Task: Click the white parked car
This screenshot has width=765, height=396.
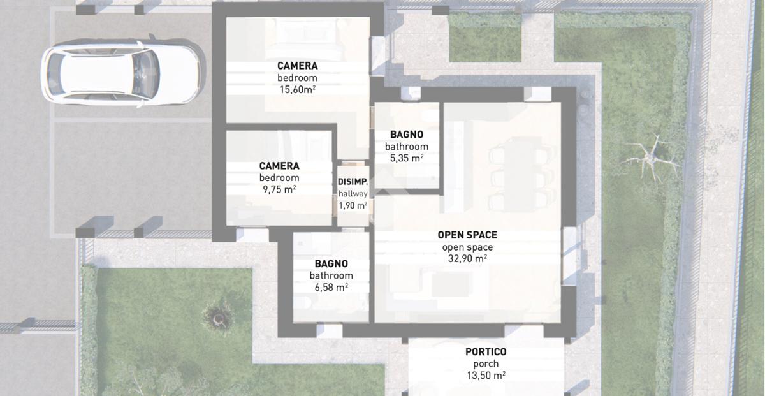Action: pyautogui.click(x=120, y=74)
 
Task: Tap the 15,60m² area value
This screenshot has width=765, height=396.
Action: pyautogui.click(x=298, y=89)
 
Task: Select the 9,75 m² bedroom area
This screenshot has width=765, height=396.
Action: pyautogui.click(x=279, y=189)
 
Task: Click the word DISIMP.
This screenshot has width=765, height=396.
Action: pyautogui.click(x=353, y=182)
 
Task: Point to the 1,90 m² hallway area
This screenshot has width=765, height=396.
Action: pyautogui.click(x=353, y=205)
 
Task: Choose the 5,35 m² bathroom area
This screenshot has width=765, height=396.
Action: pyautogui.click(x=407, y=158)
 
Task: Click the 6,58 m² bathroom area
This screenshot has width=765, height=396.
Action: pyautogui.click(x=331, y=288)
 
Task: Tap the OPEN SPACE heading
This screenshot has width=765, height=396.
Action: pyautogui.click(x=467, y=235)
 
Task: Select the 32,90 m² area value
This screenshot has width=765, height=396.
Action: pyautogui.click(x=467, y=259)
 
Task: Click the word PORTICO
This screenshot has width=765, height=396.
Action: pyautogui.click(x=486, y=352)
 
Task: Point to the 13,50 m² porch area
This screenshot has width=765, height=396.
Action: pyautogui.click(x=486, y=376)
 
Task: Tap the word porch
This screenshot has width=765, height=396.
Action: pyautogui.click(x=486, y=364)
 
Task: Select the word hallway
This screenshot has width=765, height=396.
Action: pyautogui.click(x=353, y=194)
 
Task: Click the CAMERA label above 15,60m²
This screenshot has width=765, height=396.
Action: pyautogui.click(x=298, y=66)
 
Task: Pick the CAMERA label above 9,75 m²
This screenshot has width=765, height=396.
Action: pyautogui.click(x=279, y=166)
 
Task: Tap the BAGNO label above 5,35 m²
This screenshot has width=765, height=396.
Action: pyautogui.click(x=407, y=135)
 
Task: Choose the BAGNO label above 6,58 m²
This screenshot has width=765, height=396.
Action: pyautogui.click(x=331, y=264)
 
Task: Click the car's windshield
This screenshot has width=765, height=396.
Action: pyautogui.click(x=146, y=74)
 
